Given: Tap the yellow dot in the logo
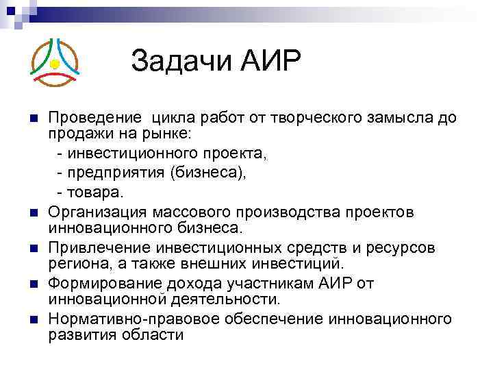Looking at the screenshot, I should (54, 64).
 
